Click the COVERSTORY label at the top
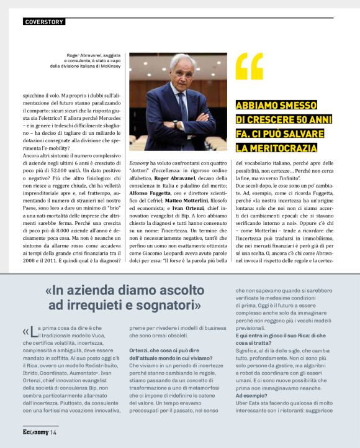pyautogui.click(x=43, y=22)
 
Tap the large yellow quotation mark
pyautogui.click(x=250, y=70)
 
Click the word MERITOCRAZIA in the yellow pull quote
pyautogui.click(x=276, y=147)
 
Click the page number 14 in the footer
pyautogui.click(x=53, y=432)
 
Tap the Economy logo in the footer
pyautogui.click(x=36, y=432)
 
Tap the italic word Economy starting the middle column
pyautogui.click(x=140, y=162)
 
